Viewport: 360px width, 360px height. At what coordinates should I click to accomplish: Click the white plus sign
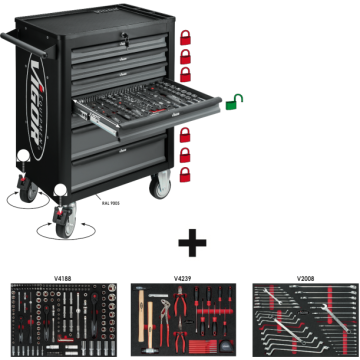pos(180,243)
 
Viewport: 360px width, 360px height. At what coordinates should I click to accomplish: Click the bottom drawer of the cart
pos(134,160)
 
